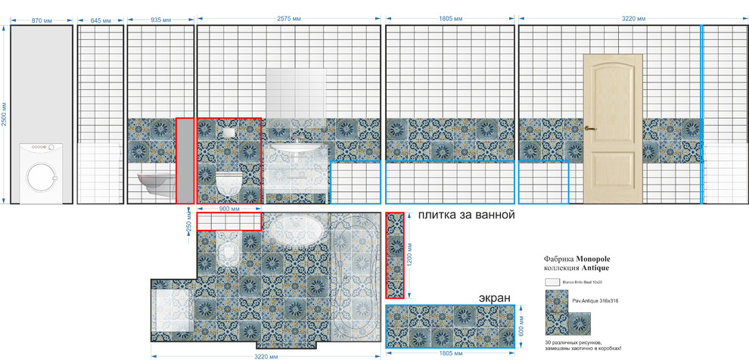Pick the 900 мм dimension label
point(229,208)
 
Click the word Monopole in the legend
point(598,258)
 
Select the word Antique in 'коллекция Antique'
point(595,268)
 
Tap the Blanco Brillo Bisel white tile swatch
point(552,281)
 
